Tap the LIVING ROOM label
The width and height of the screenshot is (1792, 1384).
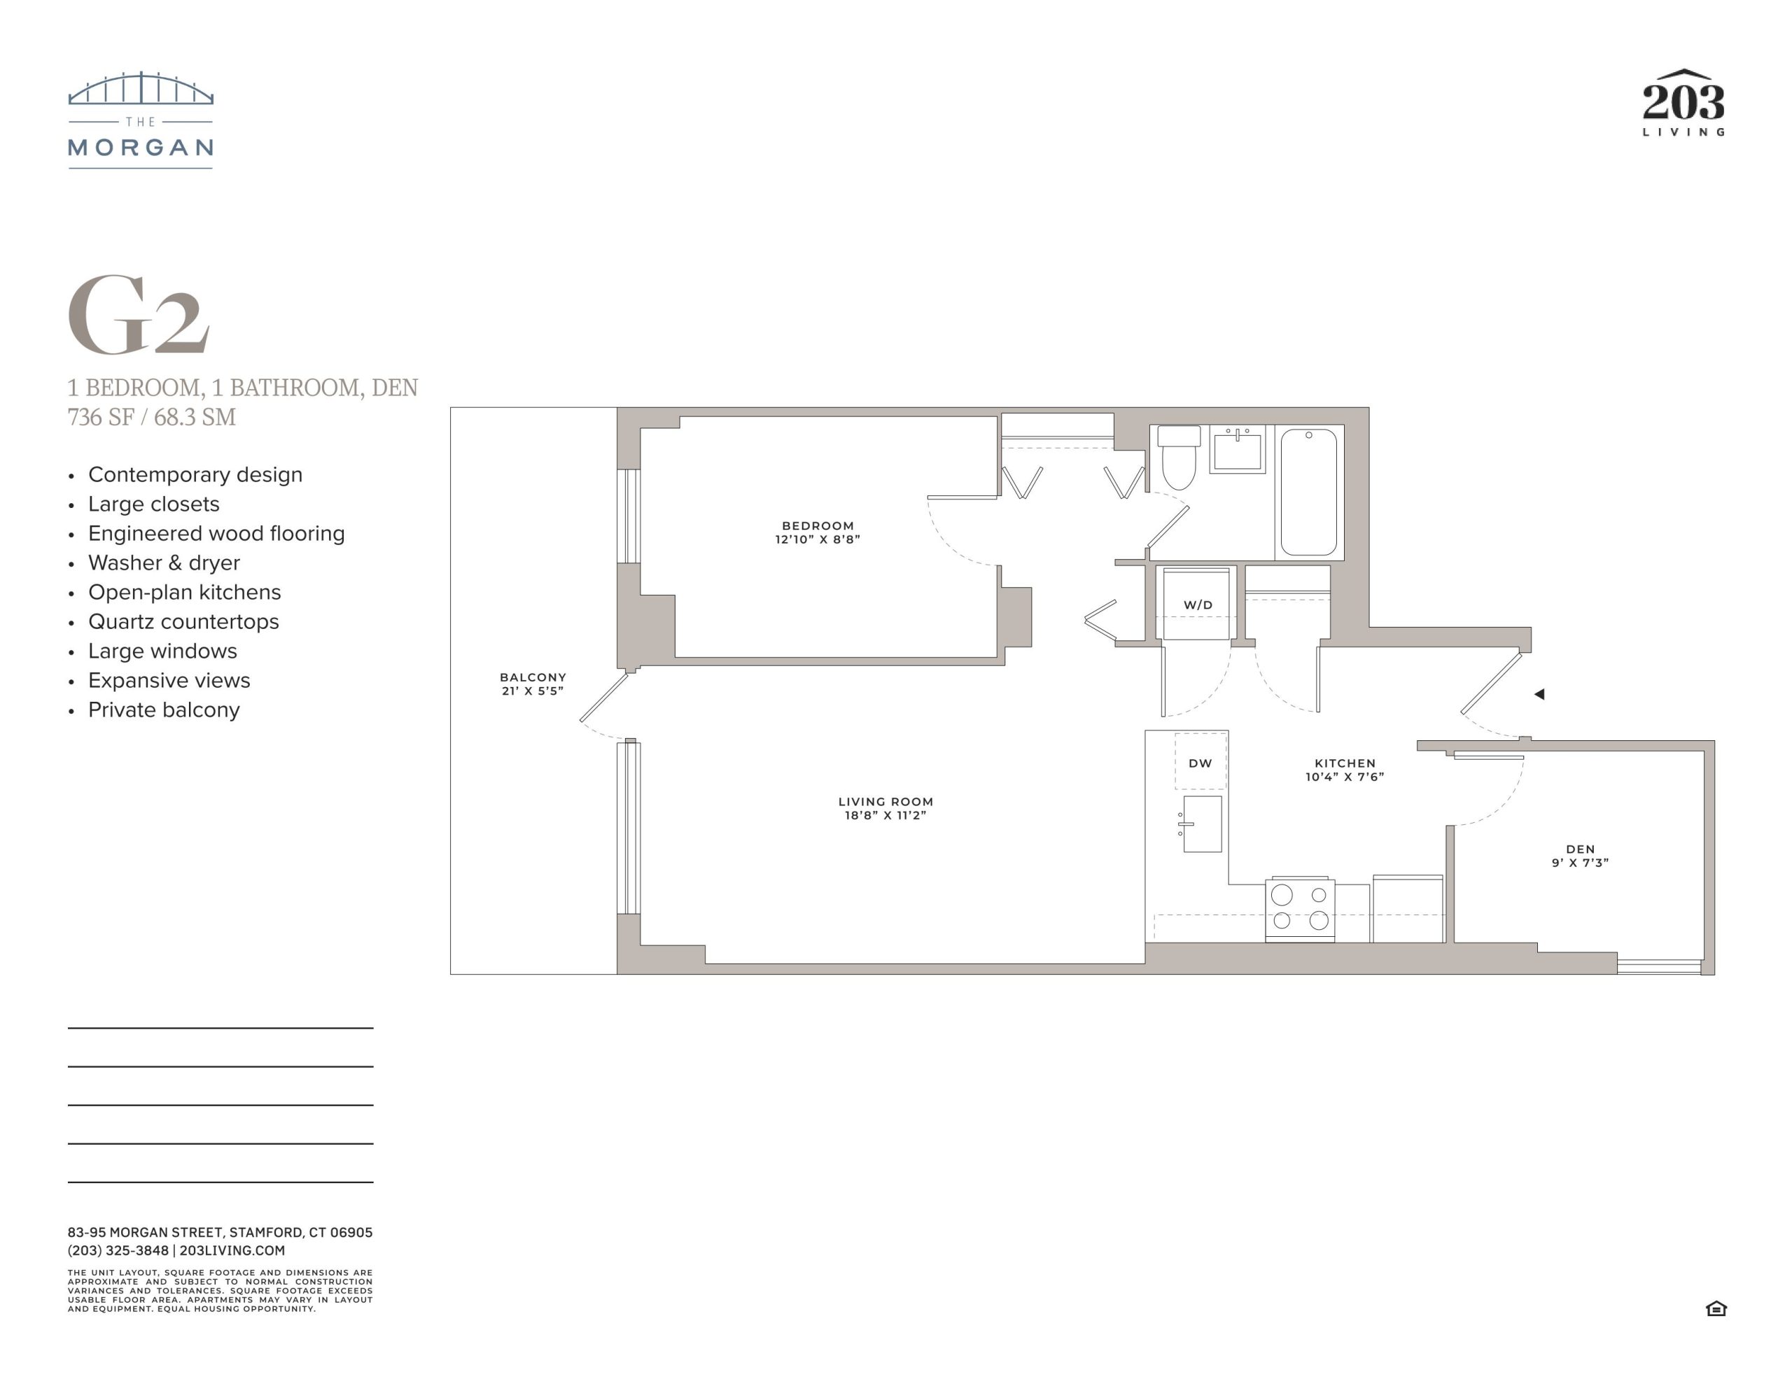point(885,802)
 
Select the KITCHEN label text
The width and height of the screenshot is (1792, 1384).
point(1345,763)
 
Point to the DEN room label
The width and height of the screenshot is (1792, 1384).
point(1581,849)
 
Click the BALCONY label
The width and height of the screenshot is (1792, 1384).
point(533,677)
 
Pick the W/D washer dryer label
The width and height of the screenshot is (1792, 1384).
point(1198,605)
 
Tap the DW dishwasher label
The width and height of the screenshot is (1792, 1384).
point(1200,763)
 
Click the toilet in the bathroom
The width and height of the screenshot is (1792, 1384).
point(1179,457)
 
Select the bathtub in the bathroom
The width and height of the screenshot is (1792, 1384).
point(1309,491)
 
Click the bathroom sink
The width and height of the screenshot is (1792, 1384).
point(1238,449)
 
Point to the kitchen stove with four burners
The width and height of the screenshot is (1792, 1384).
point(1300,909)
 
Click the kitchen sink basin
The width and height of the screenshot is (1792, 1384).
point(1202,824)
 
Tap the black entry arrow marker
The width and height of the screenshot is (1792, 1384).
point(1539,694)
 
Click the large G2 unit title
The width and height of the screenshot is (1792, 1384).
point(138,314)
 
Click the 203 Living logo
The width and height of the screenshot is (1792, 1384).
point(1683,103)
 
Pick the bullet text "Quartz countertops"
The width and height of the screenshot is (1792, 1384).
point(184,621)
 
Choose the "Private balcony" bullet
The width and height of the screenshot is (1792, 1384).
point(164,709)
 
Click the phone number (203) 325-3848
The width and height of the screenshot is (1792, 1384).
point(118,1250)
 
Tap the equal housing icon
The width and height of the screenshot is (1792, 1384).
point(1716,1308)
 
